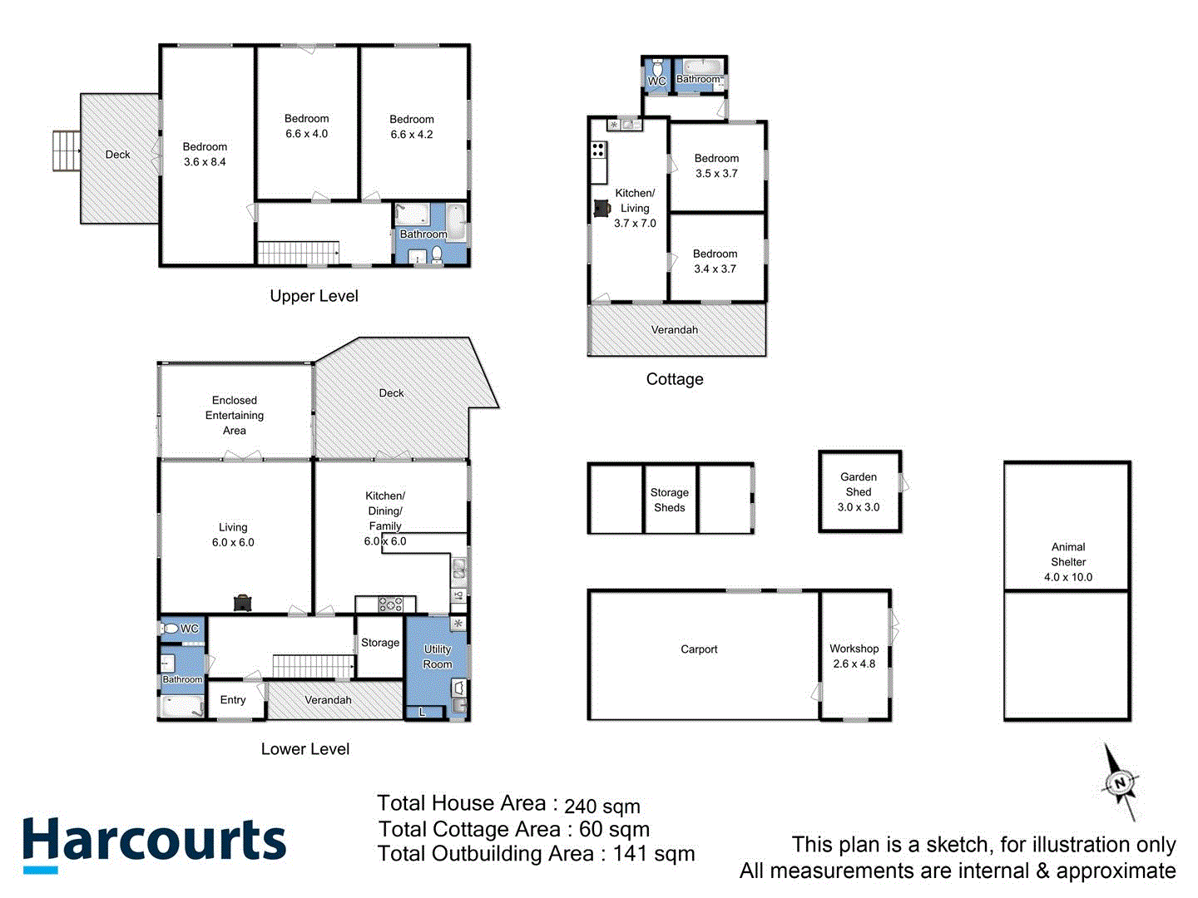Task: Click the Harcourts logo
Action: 154,842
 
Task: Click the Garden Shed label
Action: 859,491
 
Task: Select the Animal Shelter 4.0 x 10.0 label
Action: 1068,562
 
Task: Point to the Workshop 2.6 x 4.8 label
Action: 854,656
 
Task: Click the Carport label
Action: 699,649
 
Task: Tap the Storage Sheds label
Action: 670,500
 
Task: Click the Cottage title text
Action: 675,379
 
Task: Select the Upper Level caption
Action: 314,296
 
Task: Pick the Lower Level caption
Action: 305,749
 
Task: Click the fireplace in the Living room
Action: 242,603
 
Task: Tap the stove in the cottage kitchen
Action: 598,150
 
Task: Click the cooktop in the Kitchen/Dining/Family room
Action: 391,604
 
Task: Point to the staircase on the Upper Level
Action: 298,252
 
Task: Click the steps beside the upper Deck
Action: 66,150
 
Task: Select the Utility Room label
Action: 438,656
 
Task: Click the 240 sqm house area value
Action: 602,807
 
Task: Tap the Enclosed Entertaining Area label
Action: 235,415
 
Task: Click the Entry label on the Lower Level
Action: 233,700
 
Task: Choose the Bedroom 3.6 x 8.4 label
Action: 205,154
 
